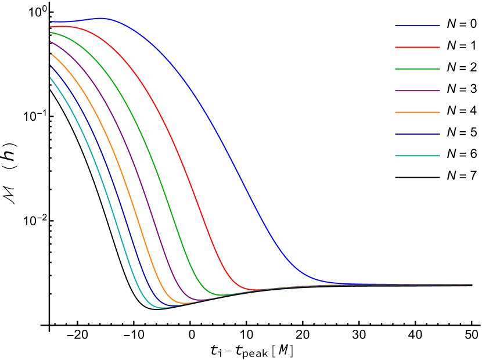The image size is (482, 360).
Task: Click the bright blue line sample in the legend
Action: click(417, 26)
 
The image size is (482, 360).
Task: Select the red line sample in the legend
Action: click(417, 47)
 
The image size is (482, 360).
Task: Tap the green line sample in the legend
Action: click(417, 69)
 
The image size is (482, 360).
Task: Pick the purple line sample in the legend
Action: click(417, 91)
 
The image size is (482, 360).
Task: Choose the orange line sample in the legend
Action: click(417, 112)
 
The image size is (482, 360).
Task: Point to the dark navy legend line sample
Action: click(417, 134)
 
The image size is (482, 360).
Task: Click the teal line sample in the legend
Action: click(417, 156)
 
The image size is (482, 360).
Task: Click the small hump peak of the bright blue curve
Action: click(102, 18)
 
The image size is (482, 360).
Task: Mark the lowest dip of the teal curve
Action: click(161, 308)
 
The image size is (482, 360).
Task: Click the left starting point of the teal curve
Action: click(51, 78)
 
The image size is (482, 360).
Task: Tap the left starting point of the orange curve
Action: click(51, 53)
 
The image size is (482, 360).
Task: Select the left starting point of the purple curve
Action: click(51, 42)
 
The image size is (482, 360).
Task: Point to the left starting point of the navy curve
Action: click(51, 66)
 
